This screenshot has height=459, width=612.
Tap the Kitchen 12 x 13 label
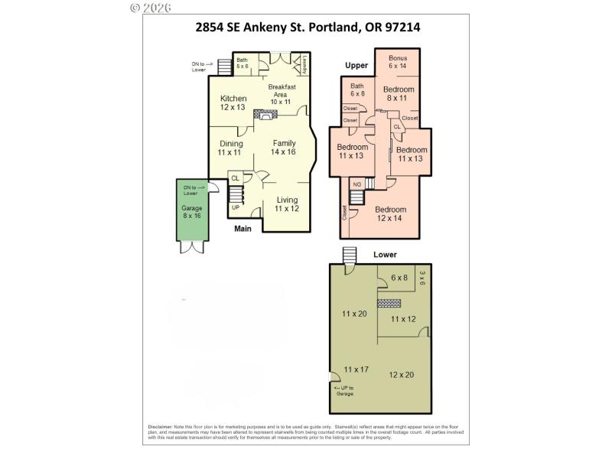(x=233, y=103)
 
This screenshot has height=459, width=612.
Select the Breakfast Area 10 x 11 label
(x=282, y=94)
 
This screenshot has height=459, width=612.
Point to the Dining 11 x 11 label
(x=230, y=148)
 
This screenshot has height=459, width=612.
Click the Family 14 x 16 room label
(x=283, y=148)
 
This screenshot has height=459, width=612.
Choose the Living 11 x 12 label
(x=287, y=204)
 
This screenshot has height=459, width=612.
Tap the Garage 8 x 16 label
(x=191, y=212)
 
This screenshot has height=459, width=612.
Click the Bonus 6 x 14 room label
(x=398, y=63)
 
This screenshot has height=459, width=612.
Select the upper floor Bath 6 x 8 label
(x=357, y=90)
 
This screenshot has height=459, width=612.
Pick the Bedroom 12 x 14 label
(x=390, y=213)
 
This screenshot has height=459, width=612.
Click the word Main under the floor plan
(x=243, y=227)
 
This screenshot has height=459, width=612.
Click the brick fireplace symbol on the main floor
(x=266, y=115)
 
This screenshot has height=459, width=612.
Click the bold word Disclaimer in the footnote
(x=161, y=426)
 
